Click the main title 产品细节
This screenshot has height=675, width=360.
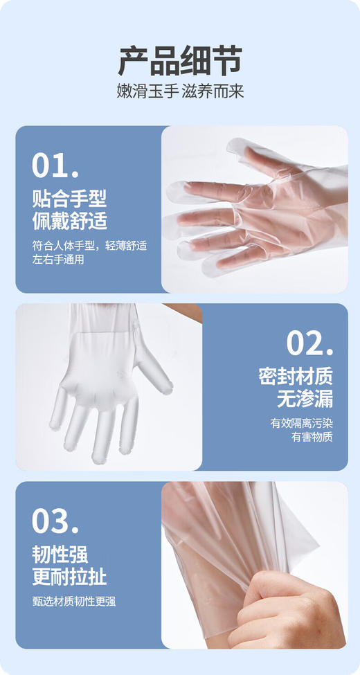click(x=179, y=61)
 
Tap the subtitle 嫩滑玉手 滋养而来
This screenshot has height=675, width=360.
click(x=180, y=92)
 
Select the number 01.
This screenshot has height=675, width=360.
click(x=55, y=166)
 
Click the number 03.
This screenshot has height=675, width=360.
click(x=55, y=521)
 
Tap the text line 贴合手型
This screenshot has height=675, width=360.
click(x=69, y=199)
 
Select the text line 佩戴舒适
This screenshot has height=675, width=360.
click(x=69, y=222)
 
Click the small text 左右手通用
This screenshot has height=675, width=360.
click(x=59, y=260)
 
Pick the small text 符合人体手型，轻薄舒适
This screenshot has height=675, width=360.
click(x=89, y=246)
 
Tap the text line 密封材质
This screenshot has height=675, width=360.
click(x=296, y=377)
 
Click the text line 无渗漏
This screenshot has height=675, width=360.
click(x=305, y=399)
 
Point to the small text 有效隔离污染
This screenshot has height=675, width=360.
click(x=301, y=423)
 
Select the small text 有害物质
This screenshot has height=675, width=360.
click(x=312, y=437)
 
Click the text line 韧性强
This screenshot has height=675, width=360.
click(x=60, y=555)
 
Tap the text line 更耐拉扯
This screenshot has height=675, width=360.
click(x=69, y=577)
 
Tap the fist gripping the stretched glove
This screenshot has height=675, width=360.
click(x=284, y=609)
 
